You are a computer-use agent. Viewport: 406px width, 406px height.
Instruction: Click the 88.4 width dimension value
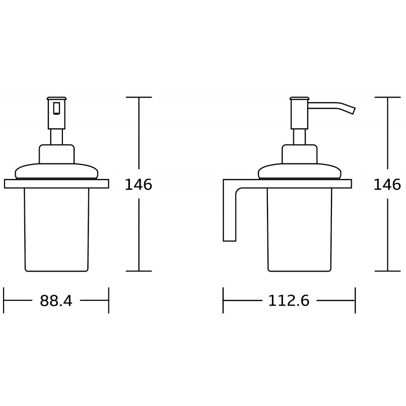tap(56, 301)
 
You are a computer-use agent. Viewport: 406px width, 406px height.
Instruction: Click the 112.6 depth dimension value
tap(289, 301)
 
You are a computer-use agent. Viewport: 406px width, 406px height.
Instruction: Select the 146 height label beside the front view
tap(138, 185)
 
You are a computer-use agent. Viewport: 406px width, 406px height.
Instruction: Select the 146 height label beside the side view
tap(387, 185)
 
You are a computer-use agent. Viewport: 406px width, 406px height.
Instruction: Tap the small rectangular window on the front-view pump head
tap(56, 108)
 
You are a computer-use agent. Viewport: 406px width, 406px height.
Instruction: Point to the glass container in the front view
tap(56, 228)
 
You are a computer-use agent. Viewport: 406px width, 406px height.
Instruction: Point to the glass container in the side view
tap(299, 228)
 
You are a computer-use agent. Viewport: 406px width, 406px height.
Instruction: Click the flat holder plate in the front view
tap(56, 184)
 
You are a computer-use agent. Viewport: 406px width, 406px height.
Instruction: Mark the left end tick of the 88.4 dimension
tap(4, 300)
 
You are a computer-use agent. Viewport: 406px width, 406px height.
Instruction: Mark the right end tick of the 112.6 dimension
tap(355, 300)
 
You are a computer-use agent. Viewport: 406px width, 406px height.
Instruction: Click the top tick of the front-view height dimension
tap(139, 97)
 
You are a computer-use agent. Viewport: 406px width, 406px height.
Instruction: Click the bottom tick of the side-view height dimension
tap(388, 270)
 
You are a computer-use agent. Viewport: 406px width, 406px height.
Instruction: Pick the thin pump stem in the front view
tap(56, 137)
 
